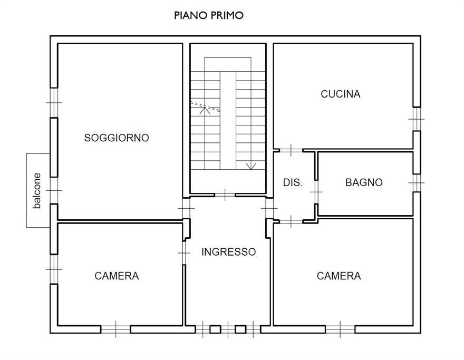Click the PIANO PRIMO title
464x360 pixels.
(209, 15)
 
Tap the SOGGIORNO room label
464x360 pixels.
(117, 138)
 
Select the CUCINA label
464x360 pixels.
(340, 94)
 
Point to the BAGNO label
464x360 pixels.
(364, 182)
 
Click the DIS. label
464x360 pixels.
(293, 182)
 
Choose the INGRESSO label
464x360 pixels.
(228, 252)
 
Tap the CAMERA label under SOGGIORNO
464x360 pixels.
(117, 276)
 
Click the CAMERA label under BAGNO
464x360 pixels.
(339, 276)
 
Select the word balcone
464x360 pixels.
(37, 191)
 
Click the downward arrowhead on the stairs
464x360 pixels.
(251, 166)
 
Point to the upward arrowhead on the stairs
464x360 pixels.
(205, 110)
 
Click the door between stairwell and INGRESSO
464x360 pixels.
(225, 194)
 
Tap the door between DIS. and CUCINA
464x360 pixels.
(291, 150)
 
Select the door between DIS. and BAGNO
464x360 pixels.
(316, 192)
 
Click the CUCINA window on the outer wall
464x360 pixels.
(417, 119)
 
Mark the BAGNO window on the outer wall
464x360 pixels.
(417, 183)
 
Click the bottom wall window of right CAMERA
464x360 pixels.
(340, 329)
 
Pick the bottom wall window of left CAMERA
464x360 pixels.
(115, 329)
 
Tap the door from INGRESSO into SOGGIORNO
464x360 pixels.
(186, 208)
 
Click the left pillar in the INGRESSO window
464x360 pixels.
(216, 329)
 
